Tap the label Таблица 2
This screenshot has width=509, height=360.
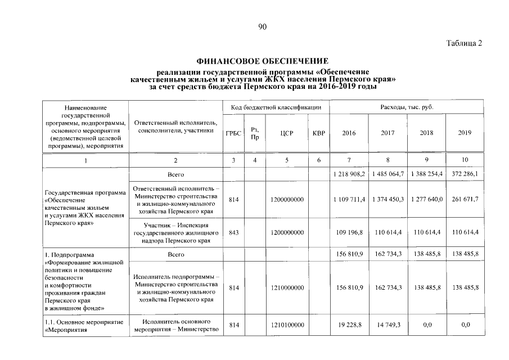(464, 43)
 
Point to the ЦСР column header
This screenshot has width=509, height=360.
(287, 133)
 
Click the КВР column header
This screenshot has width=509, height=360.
(318, 133)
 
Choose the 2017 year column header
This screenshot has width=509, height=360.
(388, 133)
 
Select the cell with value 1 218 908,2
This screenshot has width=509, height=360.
(349, 174)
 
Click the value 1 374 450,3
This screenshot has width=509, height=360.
(388, 199)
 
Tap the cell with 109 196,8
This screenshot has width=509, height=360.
(349, 232)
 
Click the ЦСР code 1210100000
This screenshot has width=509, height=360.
(287, 325)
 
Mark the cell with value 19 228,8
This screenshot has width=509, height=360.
(349, 325)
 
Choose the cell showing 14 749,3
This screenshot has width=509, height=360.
(388, 325)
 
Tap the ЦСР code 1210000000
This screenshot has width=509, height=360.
(287, 287)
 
